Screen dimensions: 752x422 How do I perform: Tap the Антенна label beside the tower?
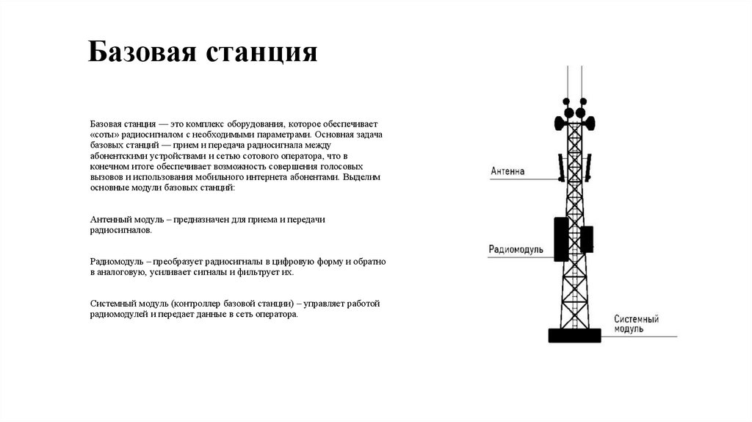508,171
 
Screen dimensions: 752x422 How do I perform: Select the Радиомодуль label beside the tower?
516,249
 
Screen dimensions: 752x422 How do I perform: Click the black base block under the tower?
574,335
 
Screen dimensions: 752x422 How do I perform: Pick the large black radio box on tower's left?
561,238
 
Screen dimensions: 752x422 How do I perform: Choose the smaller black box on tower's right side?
586,238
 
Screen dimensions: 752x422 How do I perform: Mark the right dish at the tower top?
588,121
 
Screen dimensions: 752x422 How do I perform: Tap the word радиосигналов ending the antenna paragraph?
121,230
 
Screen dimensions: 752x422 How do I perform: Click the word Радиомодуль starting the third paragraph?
117,262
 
